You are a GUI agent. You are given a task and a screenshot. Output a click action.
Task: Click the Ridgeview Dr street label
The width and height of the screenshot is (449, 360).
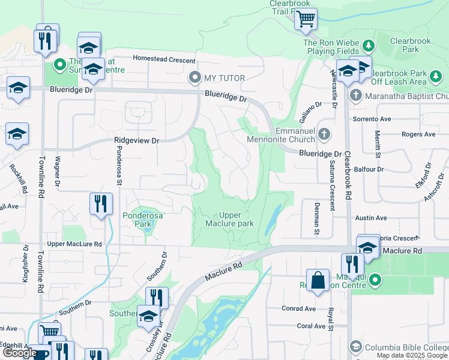pos(136,140)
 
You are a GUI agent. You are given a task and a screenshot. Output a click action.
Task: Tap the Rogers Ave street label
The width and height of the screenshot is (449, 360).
pos(418,134)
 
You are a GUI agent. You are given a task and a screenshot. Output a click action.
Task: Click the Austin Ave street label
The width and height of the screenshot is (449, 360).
pos(371,218)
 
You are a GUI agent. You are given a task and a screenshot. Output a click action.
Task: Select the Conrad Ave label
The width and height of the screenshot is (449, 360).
pos(299,308)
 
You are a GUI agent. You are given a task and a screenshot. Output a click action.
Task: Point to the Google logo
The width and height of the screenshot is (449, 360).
pos(20,353)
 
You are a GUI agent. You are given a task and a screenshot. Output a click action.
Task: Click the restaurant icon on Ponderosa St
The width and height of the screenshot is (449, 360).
pos(101,203)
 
